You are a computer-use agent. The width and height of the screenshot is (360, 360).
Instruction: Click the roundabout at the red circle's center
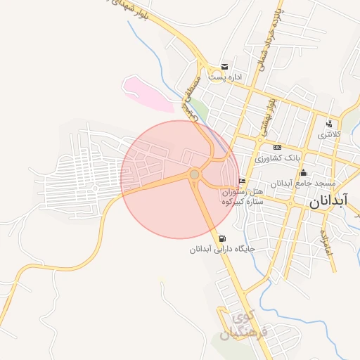(194, 174)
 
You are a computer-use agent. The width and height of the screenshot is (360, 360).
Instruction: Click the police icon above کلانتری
(329, 124)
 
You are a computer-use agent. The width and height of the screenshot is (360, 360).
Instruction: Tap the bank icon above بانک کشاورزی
(277, 147)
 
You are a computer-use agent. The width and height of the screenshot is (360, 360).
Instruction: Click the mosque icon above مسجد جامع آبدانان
(304, 172)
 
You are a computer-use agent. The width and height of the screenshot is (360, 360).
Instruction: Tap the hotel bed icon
(243, 181)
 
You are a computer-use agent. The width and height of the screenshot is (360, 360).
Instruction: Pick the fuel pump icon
(223, 238)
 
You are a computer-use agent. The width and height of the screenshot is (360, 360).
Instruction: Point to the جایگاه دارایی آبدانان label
(221, 250)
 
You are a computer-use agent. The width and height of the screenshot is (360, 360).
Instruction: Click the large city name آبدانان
(328, 202)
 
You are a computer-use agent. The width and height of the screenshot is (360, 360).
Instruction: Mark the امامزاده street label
(326, 242)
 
